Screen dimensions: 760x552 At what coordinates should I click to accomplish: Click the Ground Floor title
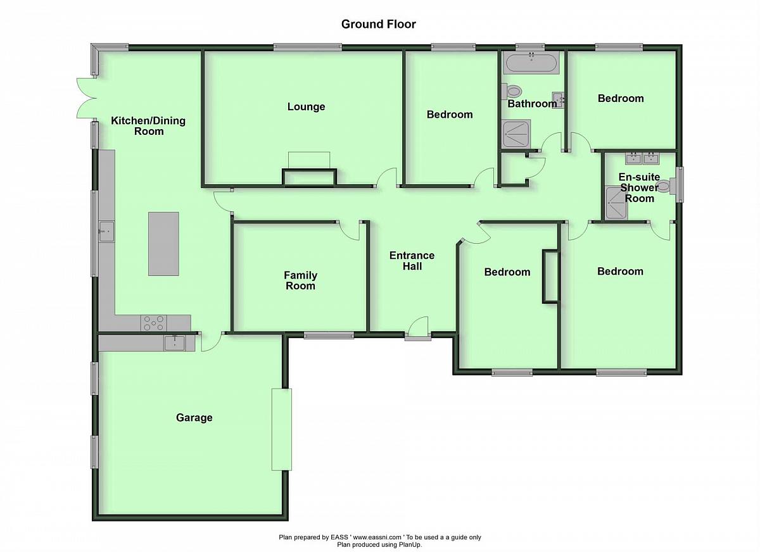coord(378,24)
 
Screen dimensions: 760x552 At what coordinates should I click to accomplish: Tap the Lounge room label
coord(306,106)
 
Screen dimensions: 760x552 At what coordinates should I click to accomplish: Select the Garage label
coord(194,417)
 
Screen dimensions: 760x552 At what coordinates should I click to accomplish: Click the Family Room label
coord(300,280)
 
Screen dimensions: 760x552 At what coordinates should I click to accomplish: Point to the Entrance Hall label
coord(412,261)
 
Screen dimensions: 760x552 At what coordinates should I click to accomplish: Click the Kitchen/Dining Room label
coord(148,126)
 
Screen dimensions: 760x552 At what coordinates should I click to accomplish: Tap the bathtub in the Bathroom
coord(531,63)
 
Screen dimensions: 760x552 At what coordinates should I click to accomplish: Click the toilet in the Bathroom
coord(512,91)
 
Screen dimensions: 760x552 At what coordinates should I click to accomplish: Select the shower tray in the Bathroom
coord(516,134)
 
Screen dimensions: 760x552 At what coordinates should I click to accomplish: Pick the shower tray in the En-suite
coord(616,203)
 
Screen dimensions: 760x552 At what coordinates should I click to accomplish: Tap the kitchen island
coord(163,244)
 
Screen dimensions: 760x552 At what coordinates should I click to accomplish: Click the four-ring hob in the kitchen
coord(154,323)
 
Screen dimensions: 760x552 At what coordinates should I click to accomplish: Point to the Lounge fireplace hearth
coord(309,160)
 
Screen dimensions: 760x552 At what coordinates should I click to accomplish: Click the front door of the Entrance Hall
coord(418,327)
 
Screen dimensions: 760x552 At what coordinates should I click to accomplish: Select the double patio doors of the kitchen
coord(86,98)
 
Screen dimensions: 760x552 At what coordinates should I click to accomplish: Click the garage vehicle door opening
coord(282,429)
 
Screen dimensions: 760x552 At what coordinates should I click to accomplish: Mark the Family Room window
coord(329,336)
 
